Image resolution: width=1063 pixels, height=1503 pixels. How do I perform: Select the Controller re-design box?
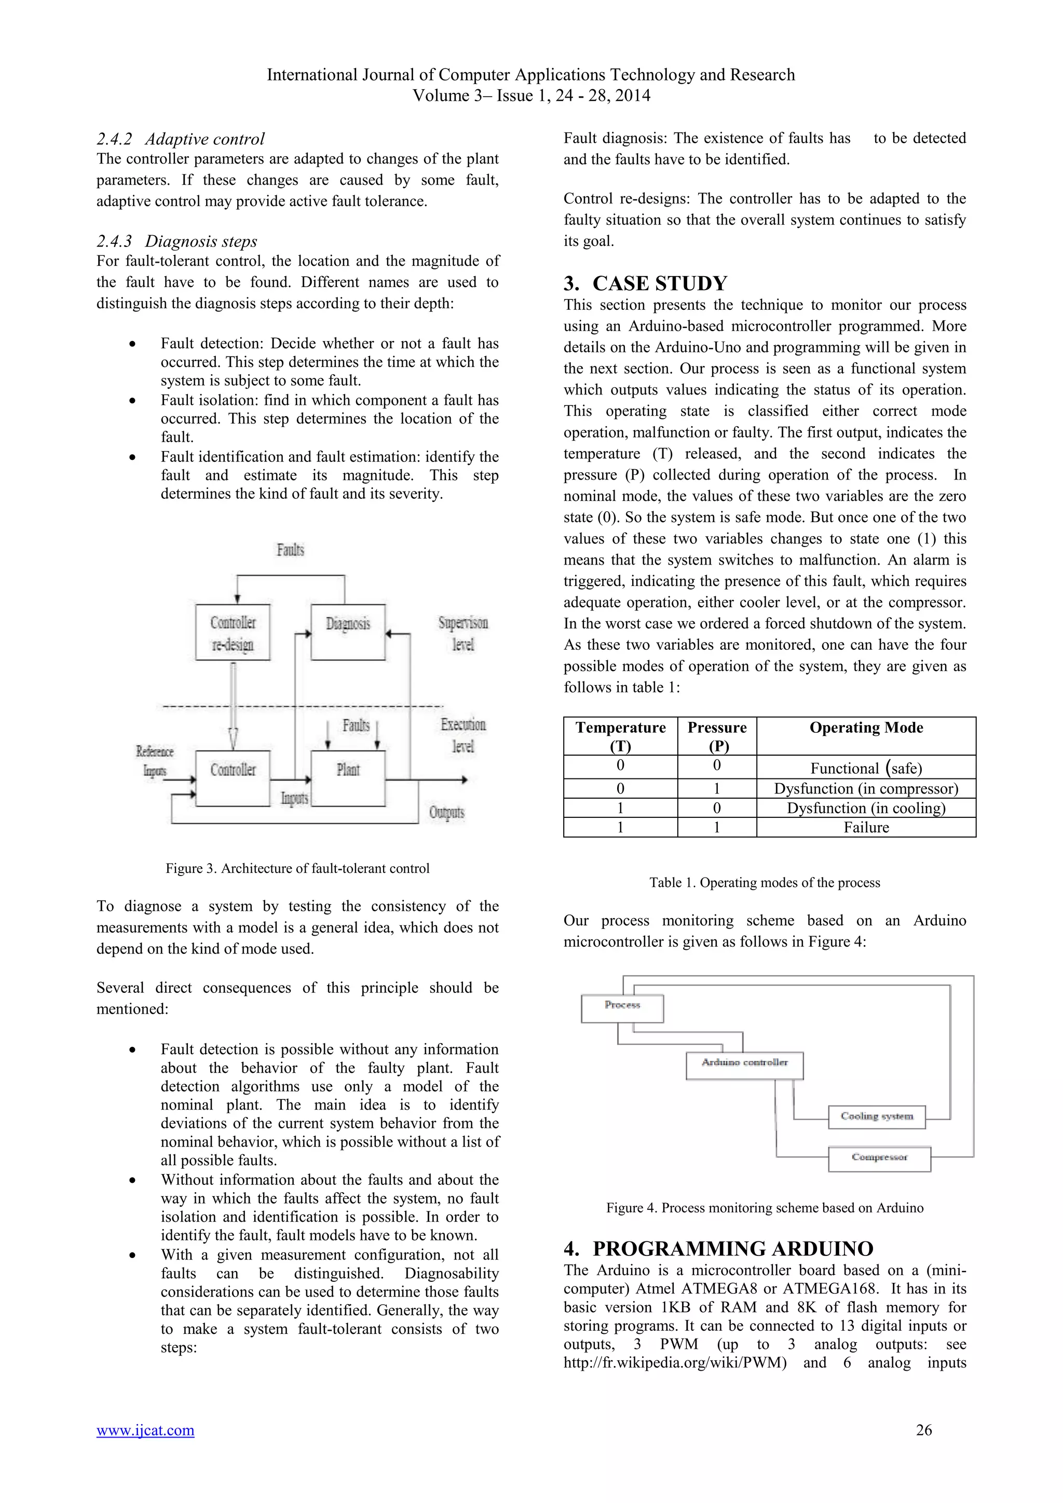tap(233, 632)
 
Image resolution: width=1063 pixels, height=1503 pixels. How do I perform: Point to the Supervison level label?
tap(463, 633)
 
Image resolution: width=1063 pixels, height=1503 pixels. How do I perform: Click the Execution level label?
tap(463, 734)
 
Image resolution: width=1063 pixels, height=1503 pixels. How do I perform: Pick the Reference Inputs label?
tap(155, 761)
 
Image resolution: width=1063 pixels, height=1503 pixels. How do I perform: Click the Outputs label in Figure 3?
tap(446, 812)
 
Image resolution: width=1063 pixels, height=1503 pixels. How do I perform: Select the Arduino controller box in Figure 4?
tap(744, 1065)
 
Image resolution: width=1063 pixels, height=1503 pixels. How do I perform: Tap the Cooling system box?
tap(877, 1116)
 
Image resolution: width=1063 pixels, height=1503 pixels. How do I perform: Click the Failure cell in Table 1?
tap(865, 827)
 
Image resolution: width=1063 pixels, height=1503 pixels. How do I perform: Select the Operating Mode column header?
tap(865, 728)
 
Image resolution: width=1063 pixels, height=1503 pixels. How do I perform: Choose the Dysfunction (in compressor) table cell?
tap(865, 788)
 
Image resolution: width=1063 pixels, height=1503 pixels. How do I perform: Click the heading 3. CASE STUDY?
tap(645, 283)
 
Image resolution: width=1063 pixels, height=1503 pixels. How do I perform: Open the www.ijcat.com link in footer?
tap(145, 1430)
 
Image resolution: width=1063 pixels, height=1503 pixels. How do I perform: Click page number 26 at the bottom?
tap(923, 1430)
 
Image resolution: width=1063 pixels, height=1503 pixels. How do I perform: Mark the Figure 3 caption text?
tap(297, 868)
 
